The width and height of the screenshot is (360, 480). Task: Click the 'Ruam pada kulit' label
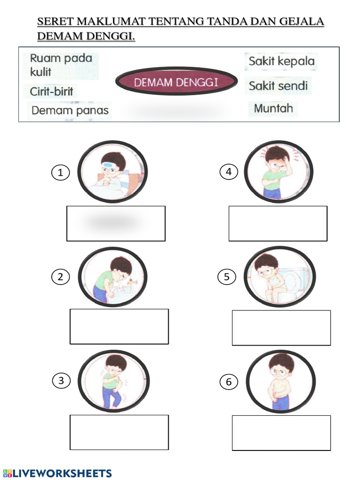click(60, 65)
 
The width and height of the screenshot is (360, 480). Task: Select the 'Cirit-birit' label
click(51, 91)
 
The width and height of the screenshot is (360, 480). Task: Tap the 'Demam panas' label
click(70, 111)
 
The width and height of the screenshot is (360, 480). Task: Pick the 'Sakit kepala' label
click(281, 61)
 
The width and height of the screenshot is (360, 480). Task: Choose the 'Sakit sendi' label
click(278, 86)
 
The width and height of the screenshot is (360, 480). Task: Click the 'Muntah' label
click(273, 108)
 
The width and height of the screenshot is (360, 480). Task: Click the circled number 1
click(60, 173)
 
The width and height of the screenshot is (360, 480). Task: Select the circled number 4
click(229, 172)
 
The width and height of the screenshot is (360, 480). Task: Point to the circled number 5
click(227, 277)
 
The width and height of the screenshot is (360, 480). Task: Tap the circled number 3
click(61, 381)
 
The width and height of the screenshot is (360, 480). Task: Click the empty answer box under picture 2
click(119, 326)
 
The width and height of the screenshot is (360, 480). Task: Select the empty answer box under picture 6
click(281, 433)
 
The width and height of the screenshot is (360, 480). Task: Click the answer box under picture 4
click(278, 224)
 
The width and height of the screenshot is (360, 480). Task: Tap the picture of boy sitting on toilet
click(280, 277)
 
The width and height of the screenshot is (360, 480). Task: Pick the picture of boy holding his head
click(278, 172)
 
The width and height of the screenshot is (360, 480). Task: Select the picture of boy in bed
click(112, 172)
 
